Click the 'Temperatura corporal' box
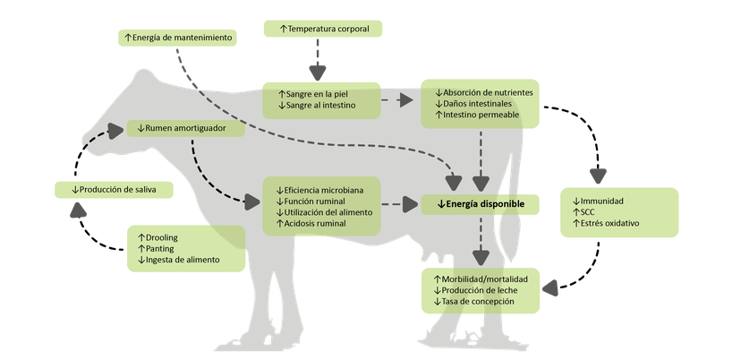[x=323, y=29]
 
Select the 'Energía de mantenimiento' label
[x=177, y=38]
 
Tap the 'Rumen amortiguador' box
[x=186, y=128]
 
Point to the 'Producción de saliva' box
[x=114, y=190]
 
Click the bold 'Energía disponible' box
[x=481, y=204]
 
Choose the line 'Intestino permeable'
[x=481, y=115]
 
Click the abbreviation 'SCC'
[x=587, y=212]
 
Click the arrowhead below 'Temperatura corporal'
[x=318, y=73]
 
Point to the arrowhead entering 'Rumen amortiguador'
[x=115, y=131]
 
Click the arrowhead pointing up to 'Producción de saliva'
[x=78, y=210]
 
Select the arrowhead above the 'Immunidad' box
[x=599, y=176]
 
